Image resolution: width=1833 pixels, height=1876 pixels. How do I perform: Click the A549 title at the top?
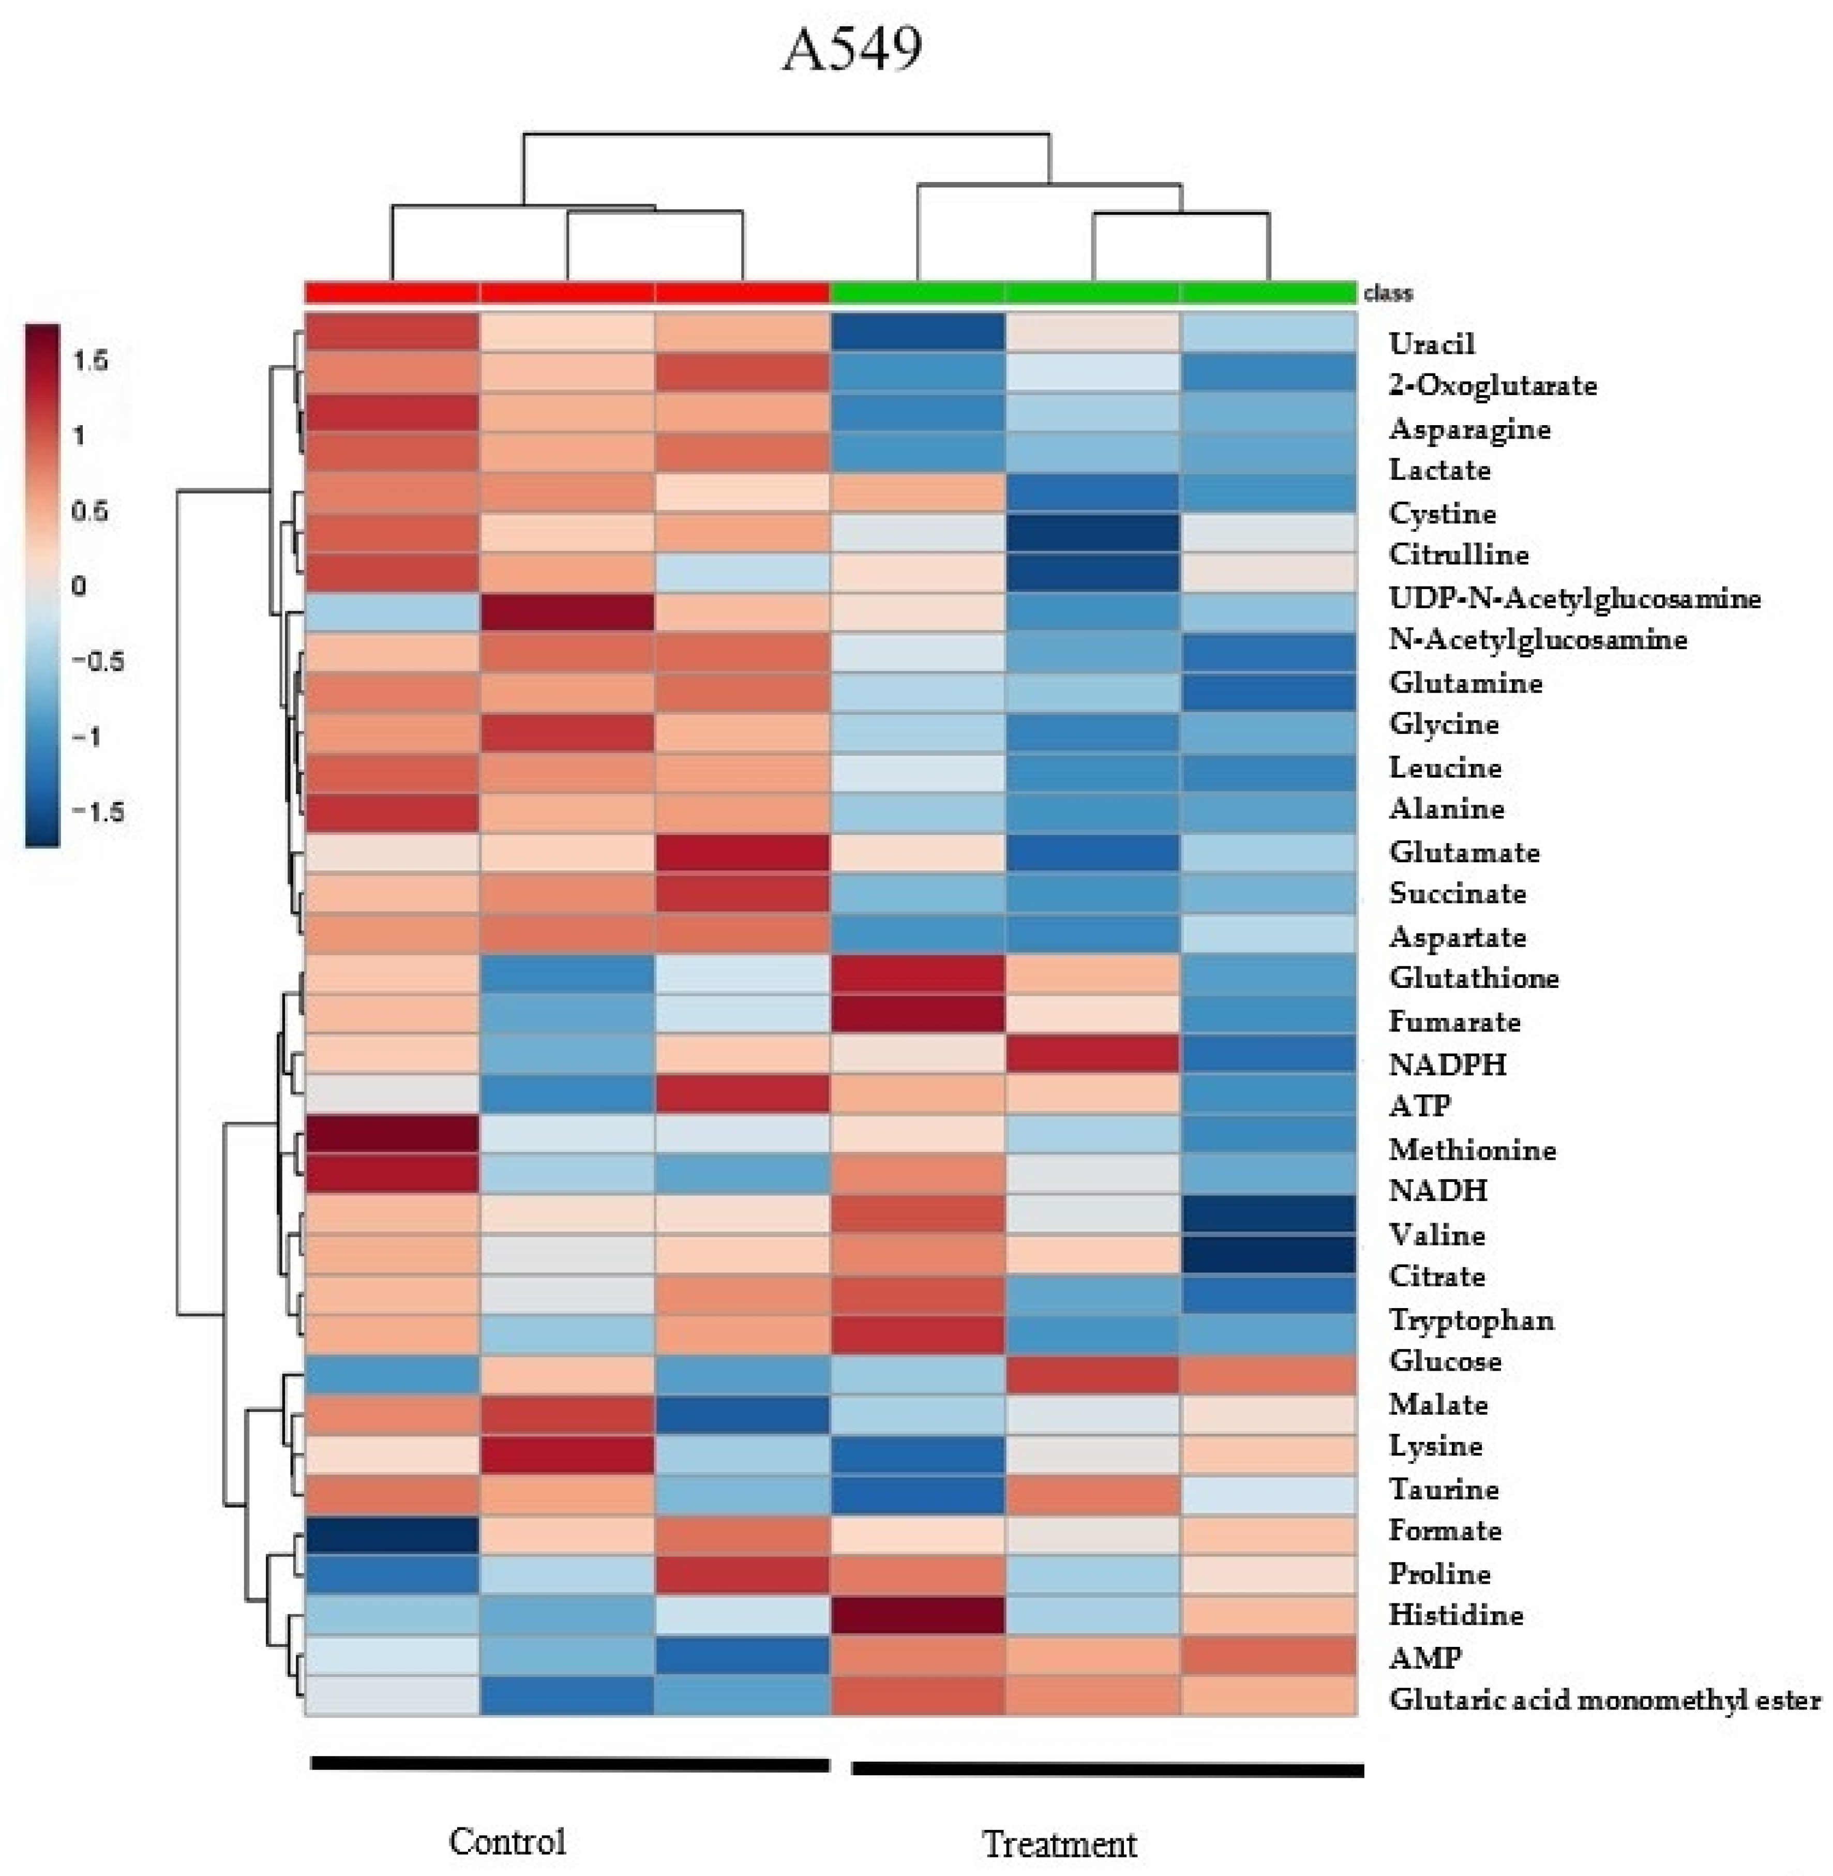pos(852,48)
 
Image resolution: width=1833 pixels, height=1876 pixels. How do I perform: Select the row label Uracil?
pos(1432,343)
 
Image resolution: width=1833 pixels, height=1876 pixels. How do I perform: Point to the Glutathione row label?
pos(1473,978)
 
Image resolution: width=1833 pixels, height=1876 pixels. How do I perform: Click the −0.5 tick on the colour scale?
pos(98,661)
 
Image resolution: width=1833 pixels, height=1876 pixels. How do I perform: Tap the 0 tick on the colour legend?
pos(79,585)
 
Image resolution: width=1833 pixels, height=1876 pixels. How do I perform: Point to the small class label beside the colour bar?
pos(1387,293)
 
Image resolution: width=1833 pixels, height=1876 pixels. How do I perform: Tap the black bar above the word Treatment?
pos(1107,1769)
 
